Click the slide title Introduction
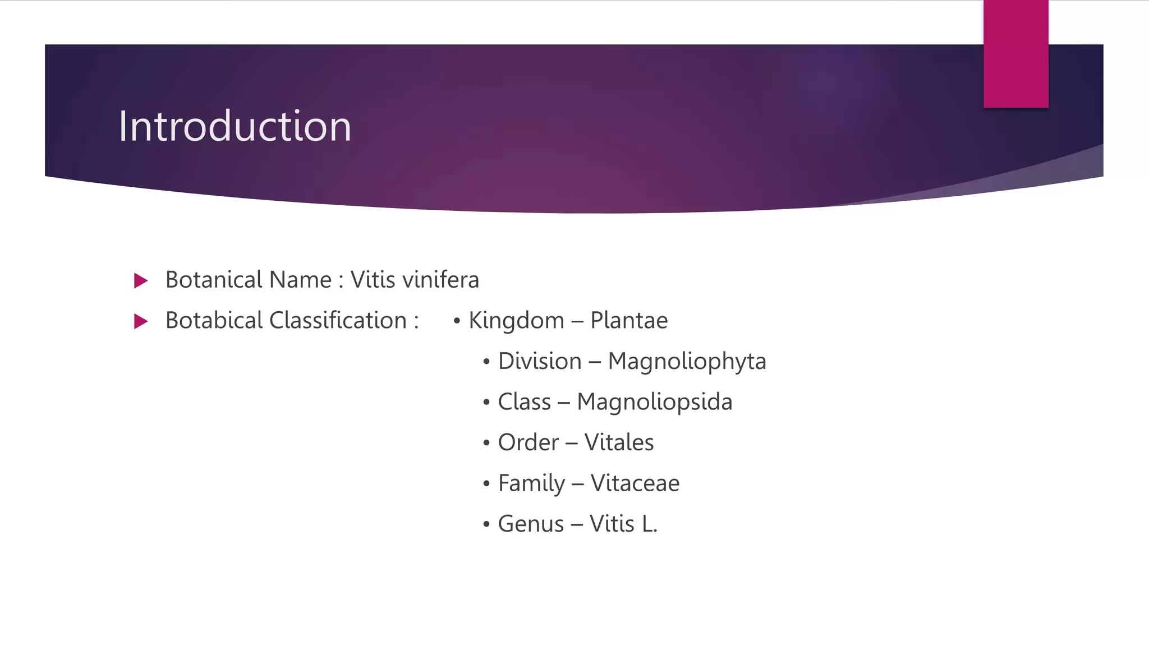tap(235, 126)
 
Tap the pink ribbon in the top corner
tap(1016, 54)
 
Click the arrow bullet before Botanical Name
tap(141, 280)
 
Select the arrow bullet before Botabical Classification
tap(141, 321)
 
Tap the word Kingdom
tap(516, 320)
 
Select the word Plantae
tap(629, 320)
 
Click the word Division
tap(540, 361)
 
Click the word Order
tap(528, 442)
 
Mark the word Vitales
tap(619, 442)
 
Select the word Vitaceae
tap(635, 483)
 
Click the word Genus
tap(531, 524)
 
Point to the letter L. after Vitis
tap(650, 524)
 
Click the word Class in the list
tap(525, 402)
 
